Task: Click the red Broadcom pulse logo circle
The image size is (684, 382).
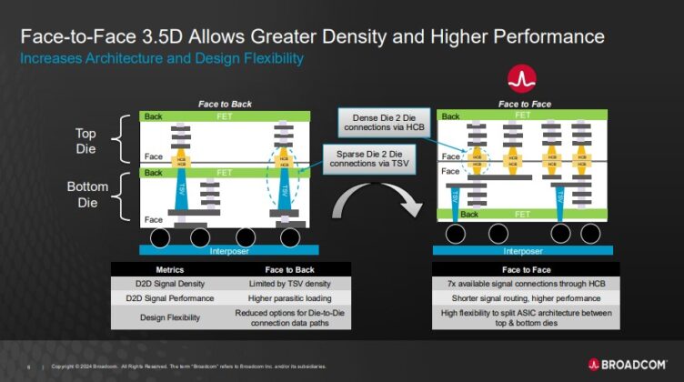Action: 521,78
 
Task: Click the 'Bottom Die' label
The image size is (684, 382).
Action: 92,196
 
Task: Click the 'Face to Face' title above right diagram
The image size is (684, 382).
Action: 521,105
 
